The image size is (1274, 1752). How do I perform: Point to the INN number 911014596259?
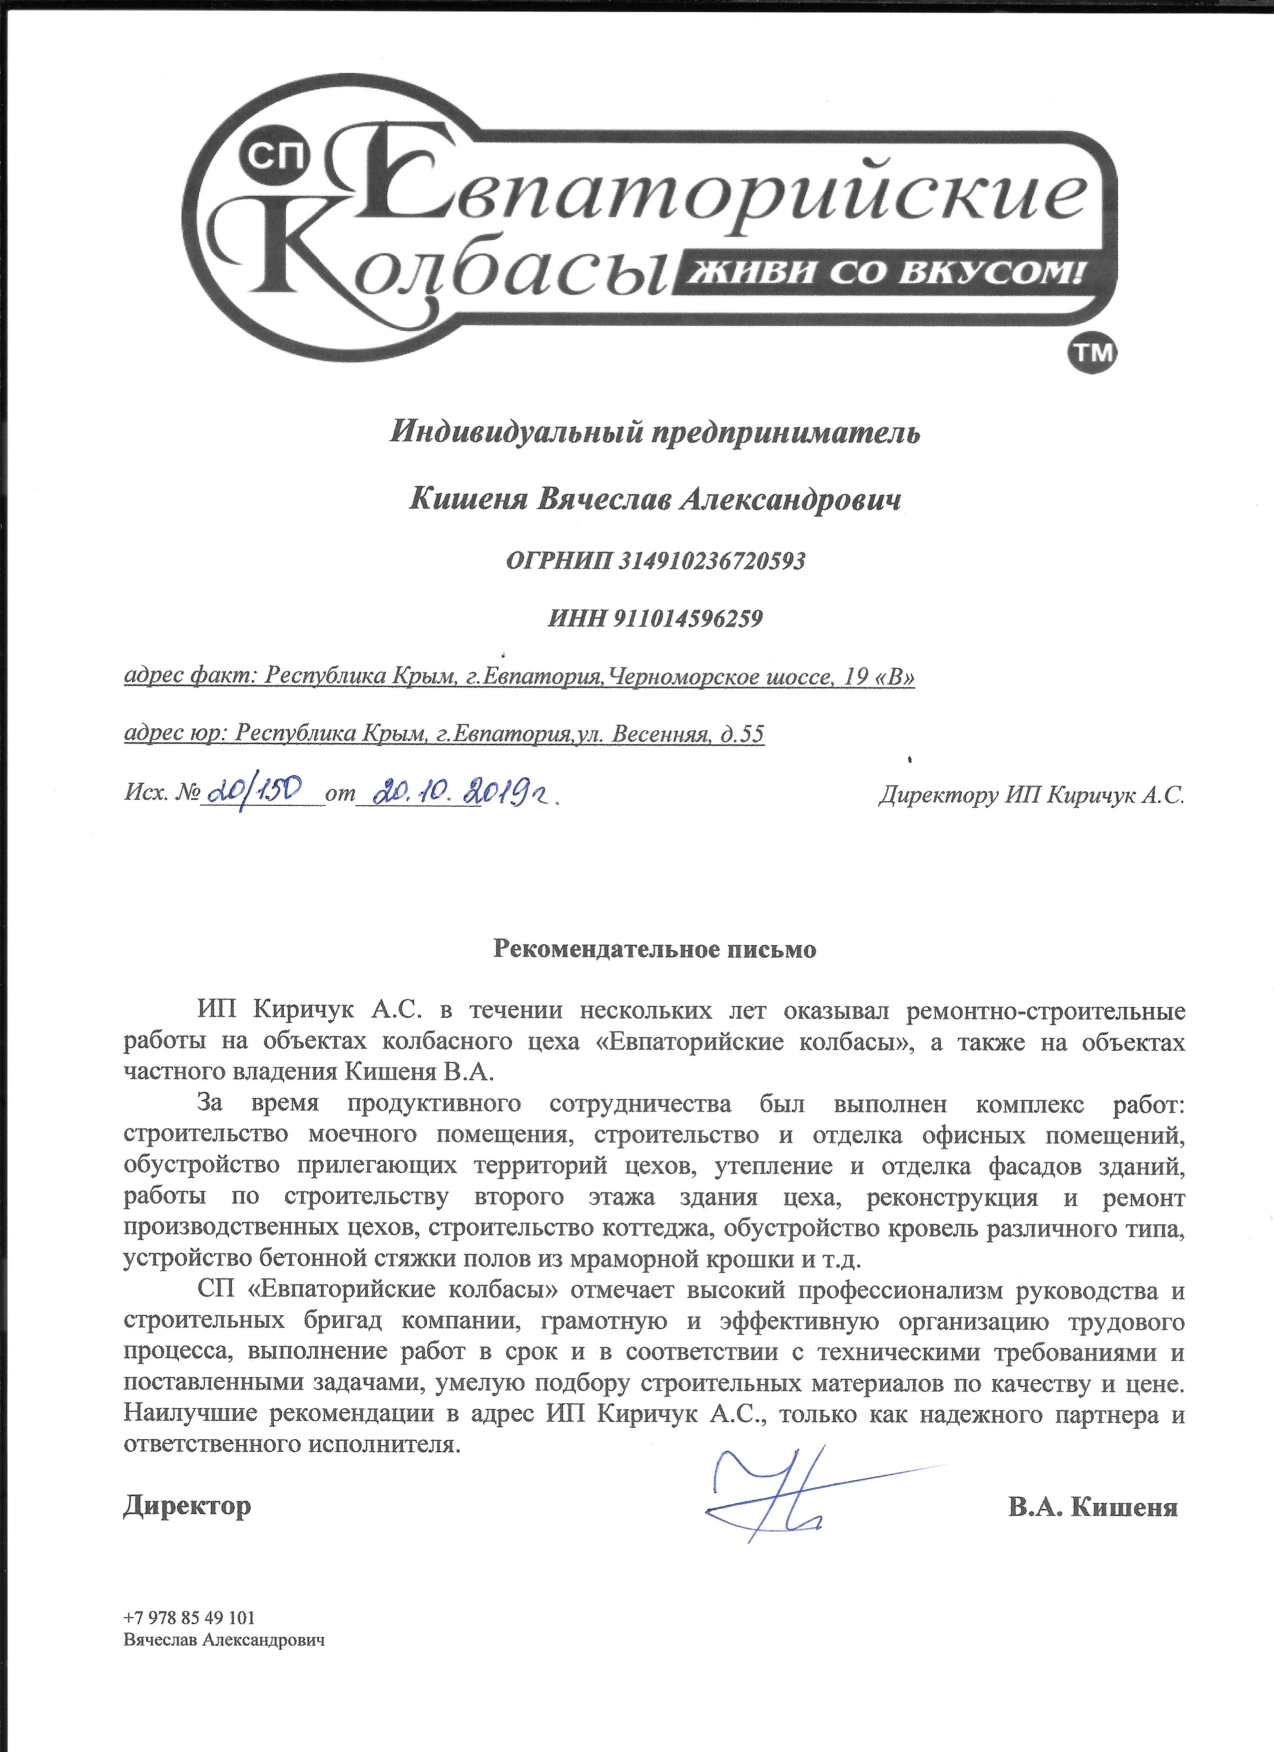point(688,618)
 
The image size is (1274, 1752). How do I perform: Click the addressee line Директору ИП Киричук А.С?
point(1031,796)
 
